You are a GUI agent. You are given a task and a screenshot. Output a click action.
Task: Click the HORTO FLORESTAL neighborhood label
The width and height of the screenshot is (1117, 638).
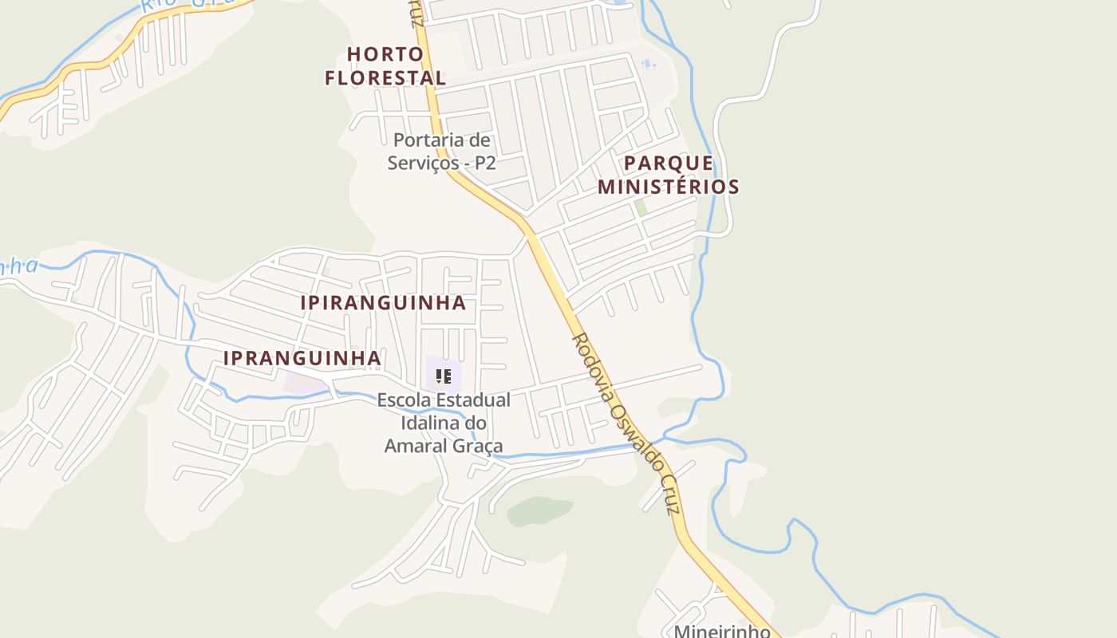[x=385, y=66]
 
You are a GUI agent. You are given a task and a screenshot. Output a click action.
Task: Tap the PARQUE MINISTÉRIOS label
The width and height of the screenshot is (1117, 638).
[x=669, y=175]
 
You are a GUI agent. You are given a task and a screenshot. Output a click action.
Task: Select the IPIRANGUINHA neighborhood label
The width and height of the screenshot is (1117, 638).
[x=383, y=303]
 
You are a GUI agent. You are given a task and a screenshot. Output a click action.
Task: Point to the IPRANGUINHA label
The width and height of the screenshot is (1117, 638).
[x=302, y=359]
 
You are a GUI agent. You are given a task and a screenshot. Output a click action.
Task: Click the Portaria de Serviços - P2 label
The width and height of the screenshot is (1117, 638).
[x=441, y=152]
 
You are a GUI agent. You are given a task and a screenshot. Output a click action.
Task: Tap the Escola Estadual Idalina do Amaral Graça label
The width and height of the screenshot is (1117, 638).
[x=444, y=423]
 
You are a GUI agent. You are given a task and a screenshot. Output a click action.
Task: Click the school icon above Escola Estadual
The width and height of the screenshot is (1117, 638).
[x=444, y=376]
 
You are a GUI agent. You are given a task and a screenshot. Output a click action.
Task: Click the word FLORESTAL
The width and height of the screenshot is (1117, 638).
[x=385, y=78]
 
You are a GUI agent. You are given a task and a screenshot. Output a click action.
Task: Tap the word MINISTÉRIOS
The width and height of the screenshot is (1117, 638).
[x=669, y=187]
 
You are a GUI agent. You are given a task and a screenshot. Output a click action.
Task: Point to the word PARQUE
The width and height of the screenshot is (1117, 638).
[x=669, y=163]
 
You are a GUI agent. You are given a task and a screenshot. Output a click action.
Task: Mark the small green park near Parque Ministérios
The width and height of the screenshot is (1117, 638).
[x=640, y=207]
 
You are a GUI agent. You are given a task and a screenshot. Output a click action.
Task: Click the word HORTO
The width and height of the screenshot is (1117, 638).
[x=385, y=54]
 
